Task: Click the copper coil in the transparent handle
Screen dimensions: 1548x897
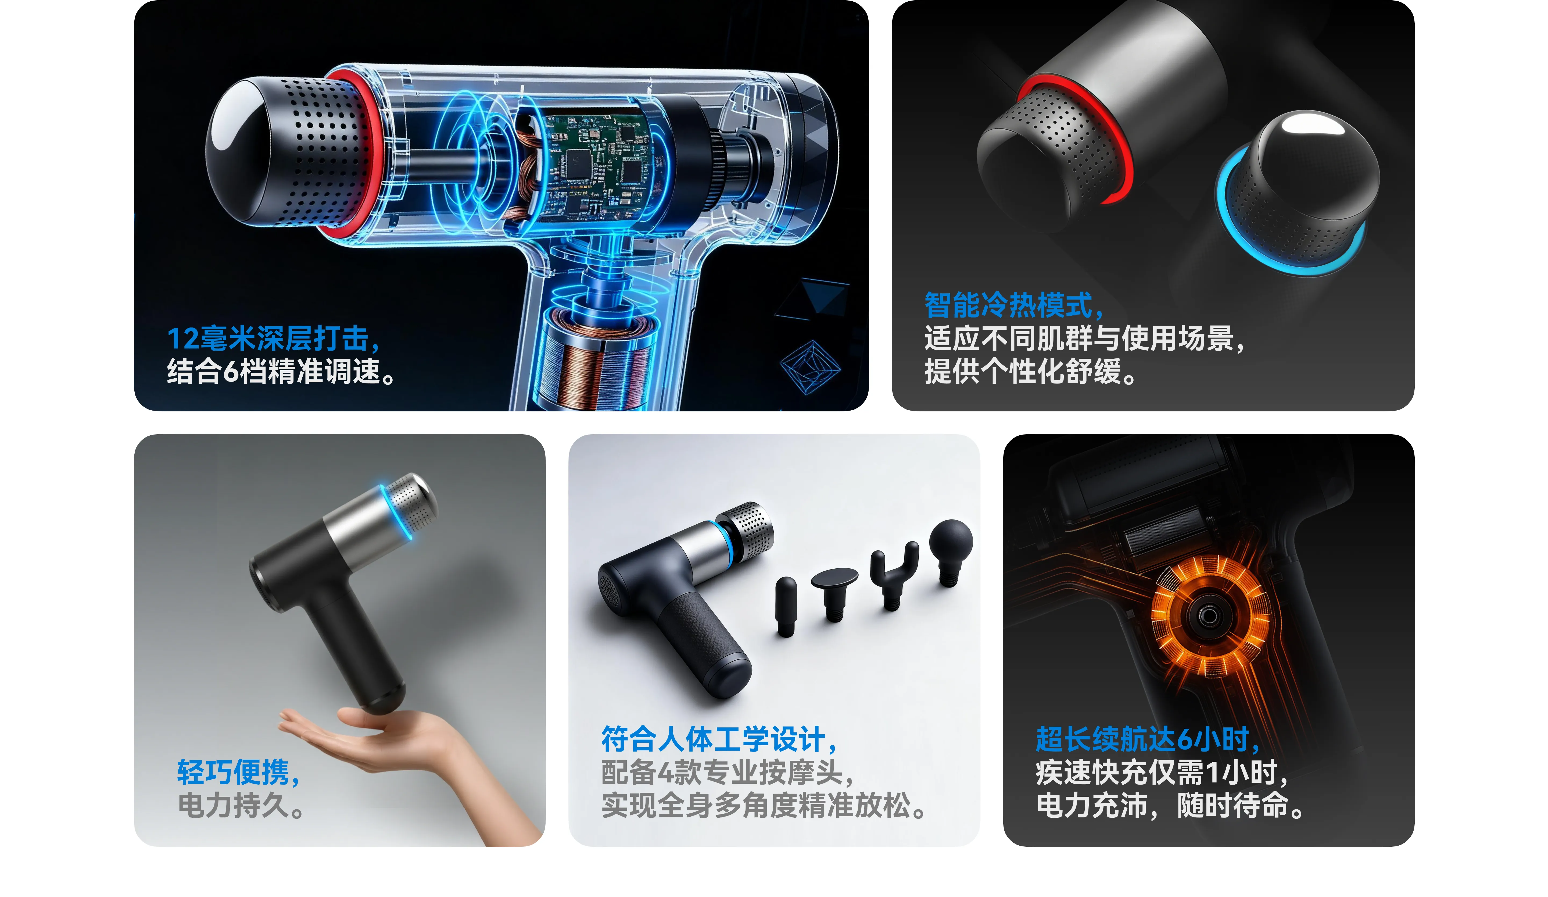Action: pos(593,362)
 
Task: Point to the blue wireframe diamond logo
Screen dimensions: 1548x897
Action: pos(810,367)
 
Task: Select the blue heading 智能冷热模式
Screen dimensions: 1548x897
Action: pos(1013,305)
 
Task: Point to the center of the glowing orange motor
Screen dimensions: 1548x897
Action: pos(1208,616)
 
